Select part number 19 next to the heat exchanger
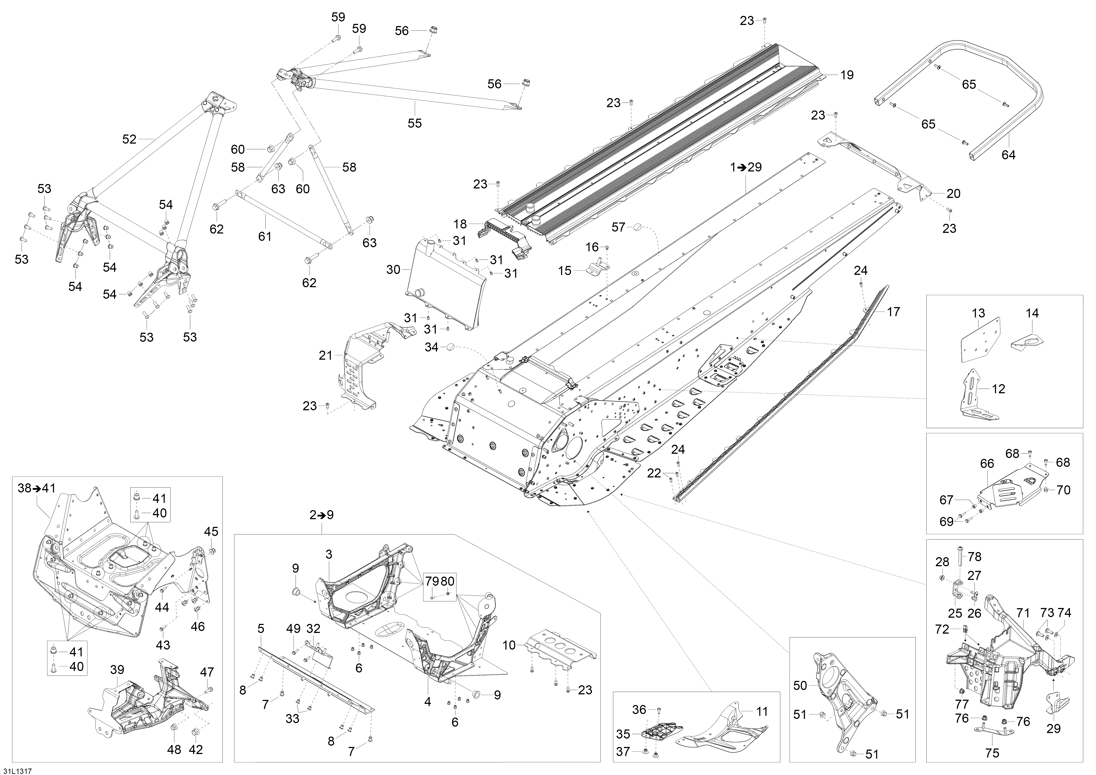(847, 75)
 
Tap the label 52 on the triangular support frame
(129, 139)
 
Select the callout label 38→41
(37, 488)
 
